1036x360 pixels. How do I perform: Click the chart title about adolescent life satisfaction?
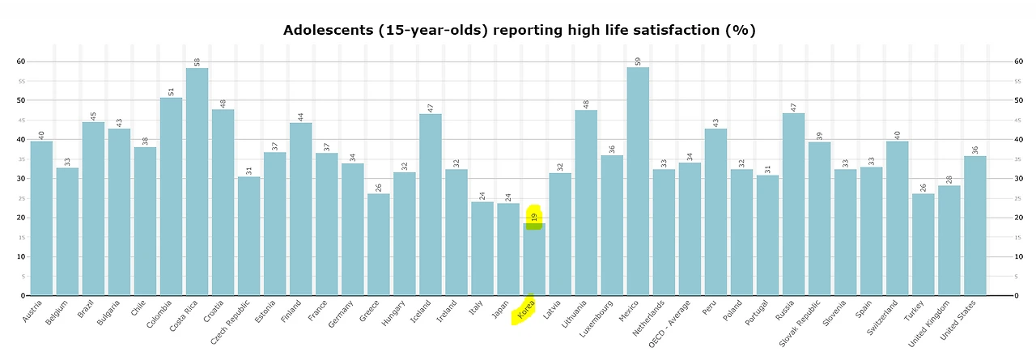[519, 31]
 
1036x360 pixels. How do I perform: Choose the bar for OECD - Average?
[690, 230]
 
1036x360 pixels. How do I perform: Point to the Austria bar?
[41, 218]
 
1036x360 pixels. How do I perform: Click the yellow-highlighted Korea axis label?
[525, 311]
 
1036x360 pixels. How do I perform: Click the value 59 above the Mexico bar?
[638, 61]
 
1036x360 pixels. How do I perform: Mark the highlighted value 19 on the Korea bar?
[534, 217]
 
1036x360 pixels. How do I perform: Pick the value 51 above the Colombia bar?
[171, 91]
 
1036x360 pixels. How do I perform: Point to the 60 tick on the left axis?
[21, 61]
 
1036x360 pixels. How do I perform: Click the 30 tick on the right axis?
[1019, 179]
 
